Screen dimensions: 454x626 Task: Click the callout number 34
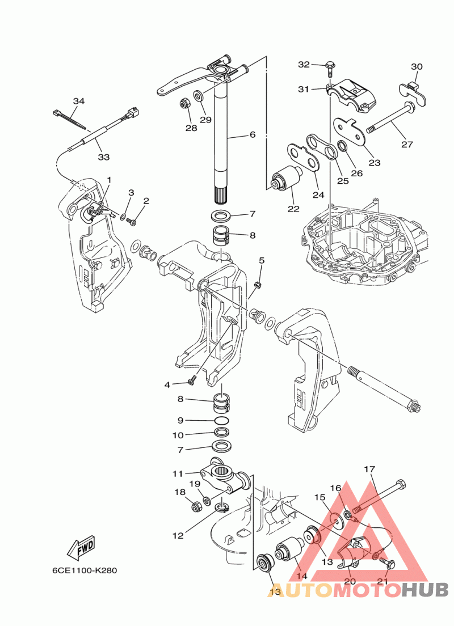click(79, 101)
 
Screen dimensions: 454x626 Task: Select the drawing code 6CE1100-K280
click(85, 570)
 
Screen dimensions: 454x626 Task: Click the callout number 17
click(369, 469)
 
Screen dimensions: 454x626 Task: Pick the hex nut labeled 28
click(184, 103)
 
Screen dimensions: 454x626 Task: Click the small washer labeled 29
click(198, 95)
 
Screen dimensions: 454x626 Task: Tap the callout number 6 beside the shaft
click(252, 134)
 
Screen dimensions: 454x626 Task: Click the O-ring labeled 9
click(222, 420)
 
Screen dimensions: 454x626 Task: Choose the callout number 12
click(178, 536)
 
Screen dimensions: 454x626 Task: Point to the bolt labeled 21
click(388, 563)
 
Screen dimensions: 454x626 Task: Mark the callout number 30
click(417, 66)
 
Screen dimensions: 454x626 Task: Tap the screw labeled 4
click(192, 380)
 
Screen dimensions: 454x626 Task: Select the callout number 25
click(343, 181)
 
